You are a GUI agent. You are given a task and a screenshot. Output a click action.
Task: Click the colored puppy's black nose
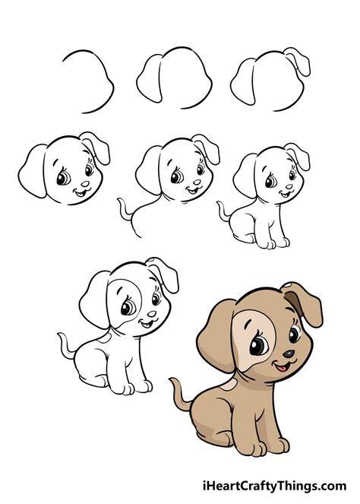coord(289,354)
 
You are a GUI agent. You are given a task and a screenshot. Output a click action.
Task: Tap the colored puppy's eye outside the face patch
coord(295,334)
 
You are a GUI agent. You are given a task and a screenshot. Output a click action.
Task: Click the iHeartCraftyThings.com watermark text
coord(275,485)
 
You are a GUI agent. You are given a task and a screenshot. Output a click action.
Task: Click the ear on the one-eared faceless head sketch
coord(150,78)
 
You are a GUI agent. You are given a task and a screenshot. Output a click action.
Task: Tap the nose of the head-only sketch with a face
coord(85,184)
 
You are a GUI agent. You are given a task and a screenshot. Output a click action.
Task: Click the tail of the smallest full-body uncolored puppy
coord(224,211)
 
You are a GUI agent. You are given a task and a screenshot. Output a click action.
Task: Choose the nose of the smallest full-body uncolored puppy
coord(289,186)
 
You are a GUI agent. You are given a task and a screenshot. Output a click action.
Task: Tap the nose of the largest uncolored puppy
coord(152,314)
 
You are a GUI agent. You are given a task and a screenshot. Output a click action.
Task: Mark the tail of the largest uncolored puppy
coord(66,346)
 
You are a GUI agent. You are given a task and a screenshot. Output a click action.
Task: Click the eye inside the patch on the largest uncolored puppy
coord(128,308)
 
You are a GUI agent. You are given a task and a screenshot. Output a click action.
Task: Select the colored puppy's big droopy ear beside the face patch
coord(216,336)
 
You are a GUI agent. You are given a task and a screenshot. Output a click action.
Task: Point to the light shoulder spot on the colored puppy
coord(229,384)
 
